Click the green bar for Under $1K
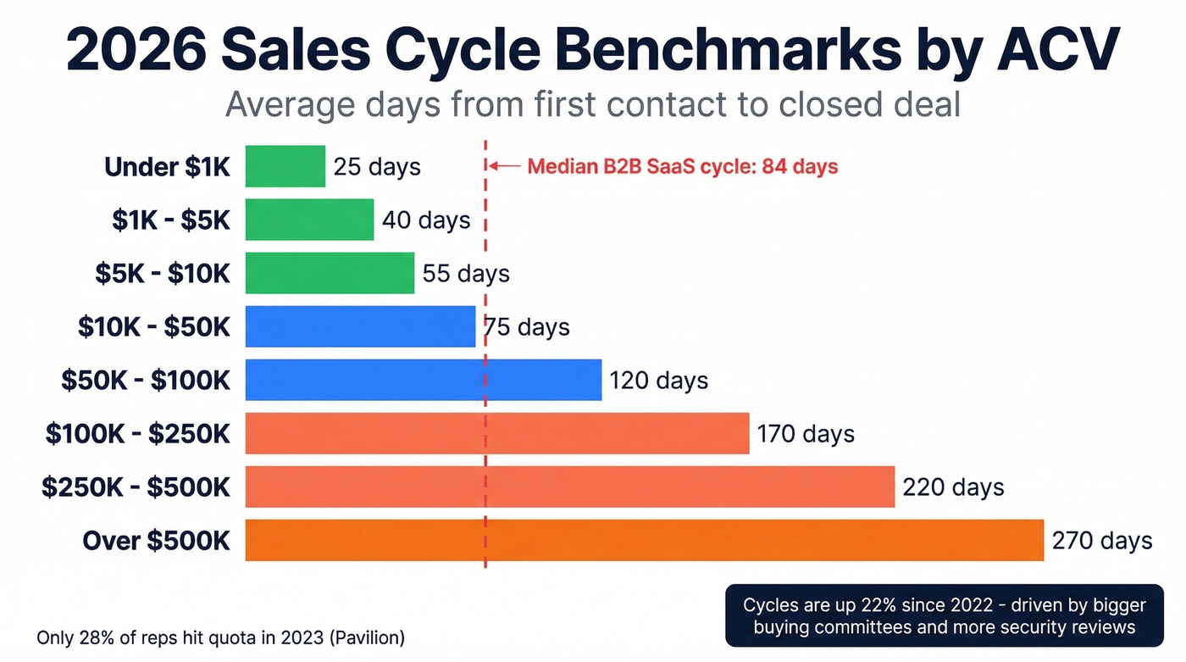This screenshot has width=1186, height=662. click(x=285, y=166)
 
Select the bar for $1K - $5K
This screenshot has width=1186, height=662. click(x=309, y=220)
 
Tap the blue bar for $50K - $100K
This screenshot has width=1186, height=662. click(x=423, y=380)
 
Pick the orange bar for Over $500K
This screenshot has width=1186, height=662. click(x=644, y=540)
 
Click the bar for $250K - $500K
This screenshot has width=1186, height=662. click(x=569, y=487)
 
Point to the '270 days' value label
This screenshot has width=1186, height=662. click(x=1101, y=541)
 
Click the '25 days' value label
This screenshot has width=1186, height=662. click(x=377, y=167)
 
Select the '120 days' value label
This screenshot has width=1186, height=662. click(x=658, y=381)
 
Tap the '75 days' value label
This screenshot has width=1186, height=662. click(x=527, y=327)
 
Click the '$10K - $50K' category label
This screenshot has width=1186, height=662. click(x=154, y=327)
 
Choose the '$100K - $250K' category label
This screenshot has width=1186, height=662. click(x=138, y=434)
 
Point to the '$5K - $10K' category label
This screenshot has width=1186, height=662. click(x=163, y=274)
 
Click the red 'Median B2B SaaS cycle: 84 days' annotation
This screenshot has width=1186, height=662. click(x=682, y=167)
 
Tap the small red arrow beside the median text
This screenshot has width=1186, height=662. click(x=505, y=167)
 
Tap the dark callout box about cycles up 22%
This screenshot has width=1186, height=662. click(x=944, y=616)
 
